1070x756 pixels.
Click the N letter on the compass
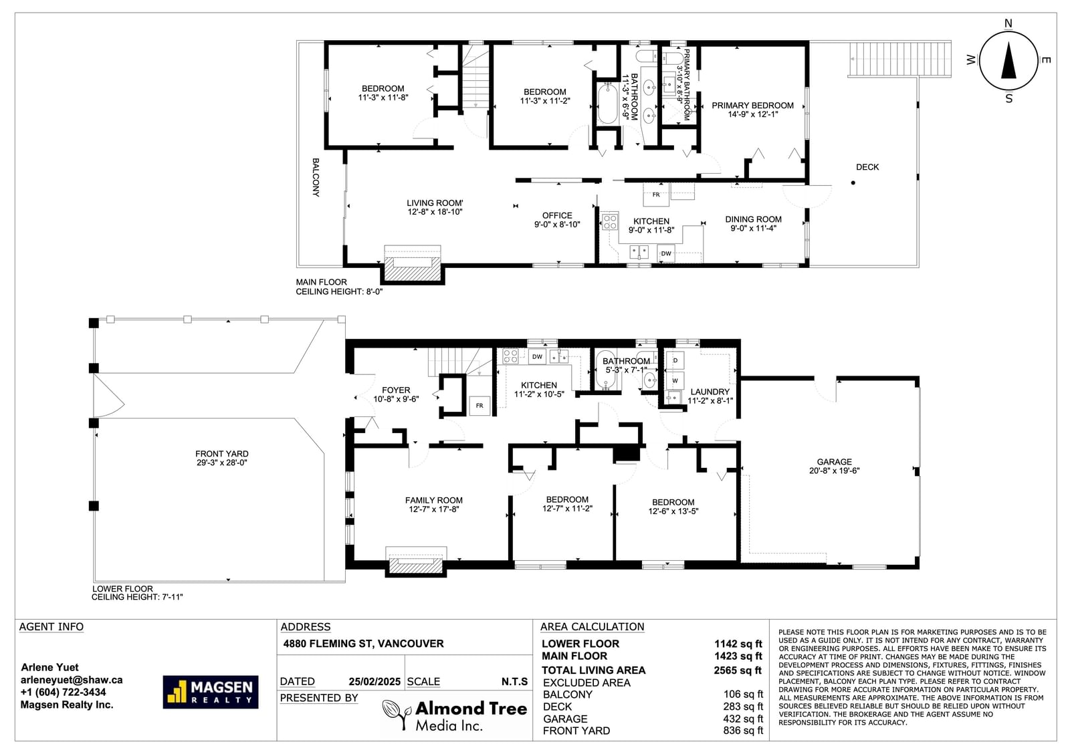point(1008,23)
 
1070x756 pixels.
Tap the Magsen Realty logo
point(210,692)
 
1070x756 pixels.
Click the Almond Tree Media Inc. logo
point(454,715)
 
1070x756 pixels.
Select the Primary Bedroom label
point(752,110)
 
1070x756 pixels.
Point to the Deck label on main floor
point(867,167)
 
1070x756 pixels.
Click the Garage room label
point(834,466)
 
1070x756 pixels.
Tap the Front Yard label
point(221,458)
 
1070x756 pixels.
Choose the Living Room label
point(435,207)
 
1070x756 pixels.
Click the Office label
point(557,220)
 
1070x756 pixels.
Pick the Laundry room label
point(710,396)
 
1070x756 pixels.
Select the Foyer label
point(396,394)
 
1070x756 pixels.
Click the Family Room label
point(434,504)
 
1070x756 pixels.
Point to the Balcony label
point(315,178)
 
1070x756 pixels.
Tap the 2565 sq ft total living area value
point(738,670)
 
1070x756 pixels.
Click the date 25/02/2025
point(374,682)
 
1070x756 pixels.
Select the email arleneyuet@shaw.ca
point(72,680)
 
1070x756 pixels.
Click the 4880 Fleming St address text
point(364,643)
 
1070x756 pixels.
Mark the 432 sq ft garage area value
point(743,719)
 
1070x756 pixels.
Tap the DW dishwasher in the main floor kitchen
point(666,253)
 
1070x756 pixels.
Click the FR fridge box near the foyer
point(479,406)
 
